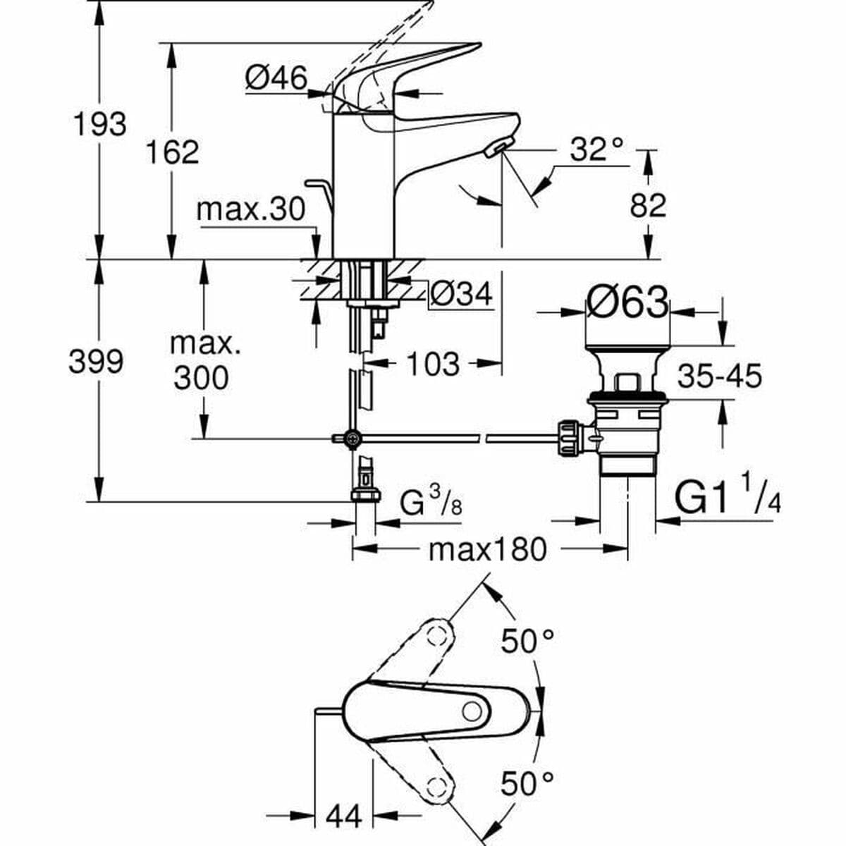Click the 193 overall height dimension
click(x=100, y=124)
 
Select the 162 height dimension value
click(x=172, y=152)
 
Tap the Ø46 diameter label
click(x=276, y=78)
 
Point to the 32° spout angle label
click(x=596, y=149)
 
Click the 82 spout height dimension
click(x=647, y=206)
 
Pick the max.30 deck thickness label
click(x=251, y=209)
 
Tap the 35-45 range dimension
click(x=719, y=376)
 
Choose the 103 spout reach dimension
click(x=432, y=364)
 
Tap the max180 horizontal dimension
click(x=488, y=549)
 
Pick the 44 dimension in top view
click(x=343, y=816)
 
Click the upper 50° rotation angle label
click(x=527, y=641)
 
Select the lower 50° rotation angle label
click(x=527, y=783)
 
